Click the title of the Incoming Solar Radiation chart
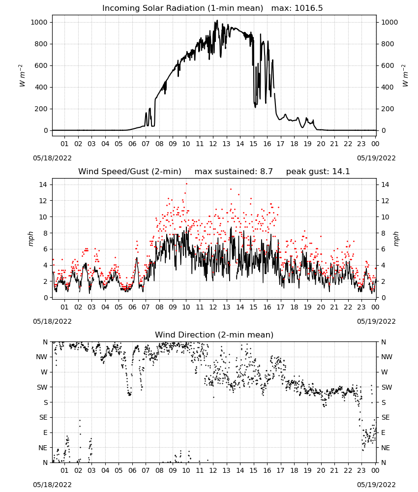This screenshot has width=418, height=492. pyautogui.click(x=182, y=8)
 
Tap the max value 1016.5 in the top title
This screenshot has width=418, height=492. pyautogui.click(x=309, y=8)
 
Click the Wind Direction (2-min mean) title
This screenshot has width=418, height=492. pyautogui.click(x=214, y=335)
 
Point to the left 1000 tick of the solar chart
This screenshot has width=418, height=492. pyautogui.click(x=39, y=22)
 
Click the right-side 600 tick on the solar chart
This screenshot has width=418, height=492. pyautogui.click(x=388, y=65)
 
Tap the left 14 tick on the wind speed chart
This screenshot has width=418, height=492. pyautogui.click(x=43, y=184)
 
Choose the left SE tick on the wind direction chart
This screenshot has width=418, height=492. pyautogui.click(x=43, y=417)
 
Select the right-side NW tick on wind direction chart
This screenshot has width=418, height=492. pyautogui.click(x=387, y=357)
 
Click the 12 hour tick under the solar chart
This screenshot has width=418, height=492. pyautogui.click(x=213, y=144)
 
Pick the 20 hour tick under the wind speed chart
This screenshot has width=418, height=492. pyautogui.click(x=321, y=307)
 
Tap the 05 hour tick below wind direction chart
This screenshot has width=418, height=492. pyautogui.click(x=119, y=470)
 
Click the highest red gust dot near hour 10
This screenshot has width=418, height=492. pyautogui.click(x=186, y=184)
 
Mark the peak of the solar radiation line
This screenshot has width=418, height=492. pyautogui.click(x=217, y=20)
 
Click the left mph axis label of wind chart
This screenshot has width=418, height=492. pyautogui.click(x=30, y=239)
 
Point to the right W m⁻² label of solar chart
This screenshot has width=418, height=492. pyautogui.click(x=405, y=76)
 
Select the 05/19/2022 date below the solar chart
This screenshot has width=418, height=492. pyautogui.click(x=376, y=158)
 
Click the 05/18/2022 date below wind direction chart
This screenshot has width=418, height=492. pyautogui.click(x=52, y=485)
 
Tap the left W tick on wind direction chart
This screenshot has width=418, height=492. pyautogui.click(x=44, y=372)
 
